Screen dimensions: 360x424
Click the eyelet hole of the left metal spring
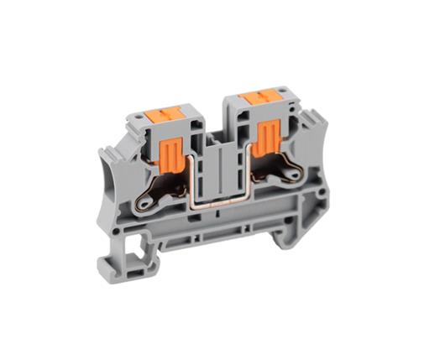147,201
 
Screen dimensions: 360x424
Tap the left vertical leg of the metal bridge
197,181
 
